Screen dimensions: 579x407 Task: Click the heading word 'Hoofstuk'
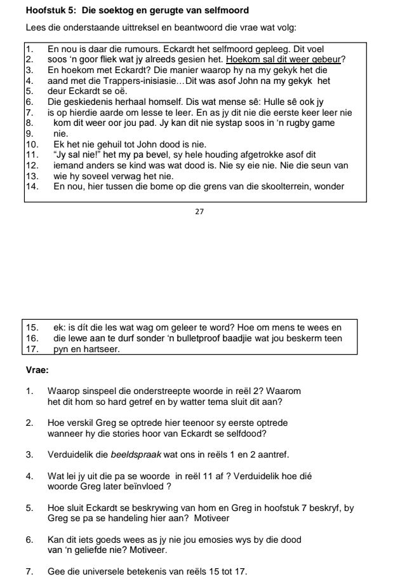[44, 11]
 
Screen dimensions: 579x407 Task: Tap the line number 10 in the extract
[32, 145]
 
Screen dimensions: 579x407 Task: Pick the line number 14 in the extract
[32, 187]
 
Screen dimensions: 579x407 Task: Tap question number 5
[30, 508]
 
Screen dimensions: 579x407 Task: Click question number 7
[30, 571]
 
